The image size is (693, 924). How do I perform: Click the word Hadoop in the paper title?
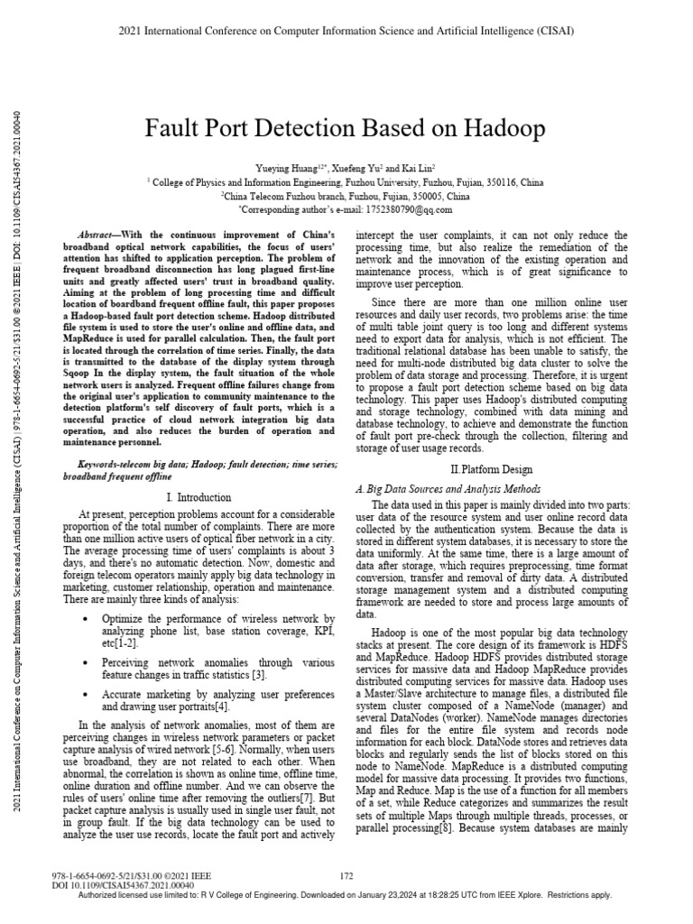coord(501,130)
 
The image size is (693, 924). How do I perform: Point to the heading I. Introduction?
coord(199,497)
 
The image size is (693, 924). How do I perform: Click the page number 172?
coord(346,874)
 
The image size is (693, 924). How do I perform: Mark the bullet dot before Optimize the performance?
coord(84,620)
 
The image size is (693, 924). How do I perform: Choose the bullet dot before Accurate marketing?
coord(84,694)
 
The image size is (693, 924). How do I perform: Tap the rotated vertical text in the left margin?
coord(19,451)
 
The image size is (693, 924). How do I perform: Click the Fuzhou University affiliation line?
coord(346,181)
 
